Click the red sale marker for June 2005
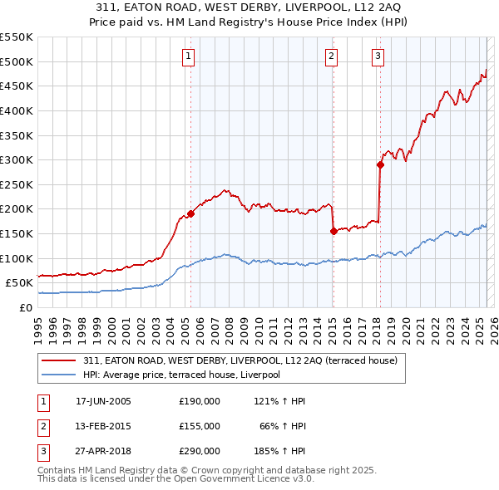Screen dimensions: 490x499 click(x=190, y=213)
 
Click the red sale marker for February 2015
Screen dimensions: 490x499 click(x=333, y=231)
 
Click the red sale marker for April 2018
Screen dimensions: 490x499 click(x=380, y=164)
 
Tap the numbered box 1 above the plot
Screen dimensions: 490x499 click(x=189, y=56)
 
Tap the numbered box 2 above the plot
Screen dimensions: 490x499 click(x=331, y=56)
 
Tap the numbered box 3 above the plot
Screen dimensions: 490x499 click(x=378, y=56)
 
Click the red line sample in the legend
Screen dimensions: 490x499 click(x=58, y=360)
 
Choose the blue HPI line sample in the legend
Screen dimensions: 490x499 click(x=58, y=375)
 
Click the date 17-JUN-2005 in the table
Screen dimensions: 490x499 click(x=103, y=401)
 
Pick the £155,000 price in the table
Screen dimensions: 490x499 click(x=199, y=425)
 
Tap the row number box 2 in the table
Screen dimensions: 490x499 click(x=41, y=425)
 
